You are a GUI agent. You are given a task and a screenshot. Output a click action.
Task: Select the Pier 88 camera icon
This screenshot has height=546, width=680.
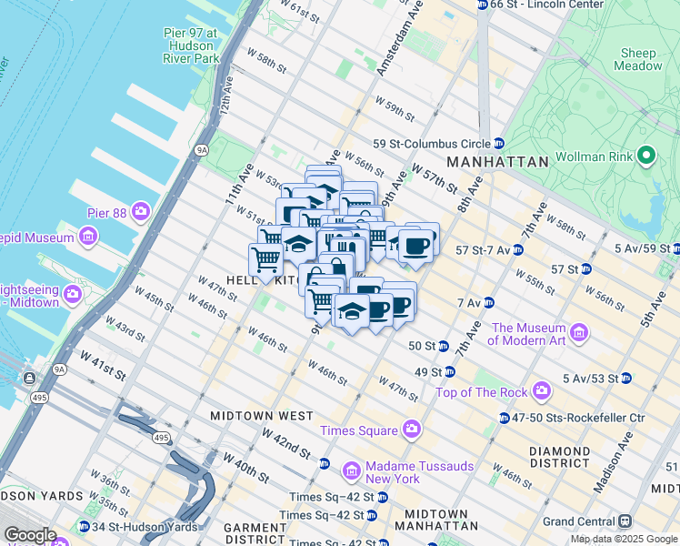[141, 212]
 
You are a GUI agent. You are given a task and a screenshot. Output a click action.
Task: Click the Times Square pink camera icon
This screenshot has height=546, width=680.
[413, 430]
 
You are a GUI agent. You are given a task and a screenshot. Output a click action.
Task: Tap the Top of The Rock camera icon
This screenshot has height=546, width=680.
[542, 392]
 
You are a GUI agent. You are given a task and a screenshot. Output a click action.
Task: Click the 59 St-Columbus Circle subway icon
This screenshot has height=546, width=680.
[499, 144]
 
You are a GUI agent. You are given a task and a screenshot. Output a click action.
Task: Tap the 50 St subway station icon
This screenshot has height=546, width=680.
[443, 346]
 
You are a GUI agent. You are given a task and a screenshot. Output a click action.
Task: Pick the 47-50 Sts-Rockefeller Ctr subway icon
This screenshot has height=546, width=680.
[504, 418]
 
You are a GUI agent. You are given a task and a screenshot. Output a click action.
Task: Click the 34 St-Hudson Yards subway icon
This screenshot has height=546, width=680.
[84, 527]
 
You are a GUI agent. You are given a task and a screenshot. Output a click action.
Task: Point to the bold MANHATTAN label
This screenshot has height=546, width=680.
[498, 162]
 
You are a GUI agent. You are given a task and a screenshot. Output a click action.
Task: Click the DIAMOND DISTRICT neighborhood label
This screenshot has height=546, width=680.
[559, 458]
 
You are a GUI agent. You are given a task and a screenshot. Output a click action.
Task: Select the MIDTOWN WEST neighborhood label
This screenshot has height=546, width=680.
[261, 415]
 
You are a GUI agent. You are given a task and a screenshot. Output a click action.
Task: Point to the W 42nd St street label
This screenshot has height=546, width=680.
[286, 444]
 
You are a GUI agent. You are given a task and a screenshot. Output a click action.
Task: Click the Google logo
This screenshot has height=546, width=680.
[29, 535]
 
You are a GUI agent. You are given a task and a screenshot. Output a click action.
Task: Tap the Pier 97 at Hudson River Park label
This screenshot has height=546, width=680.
[191, 45]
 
